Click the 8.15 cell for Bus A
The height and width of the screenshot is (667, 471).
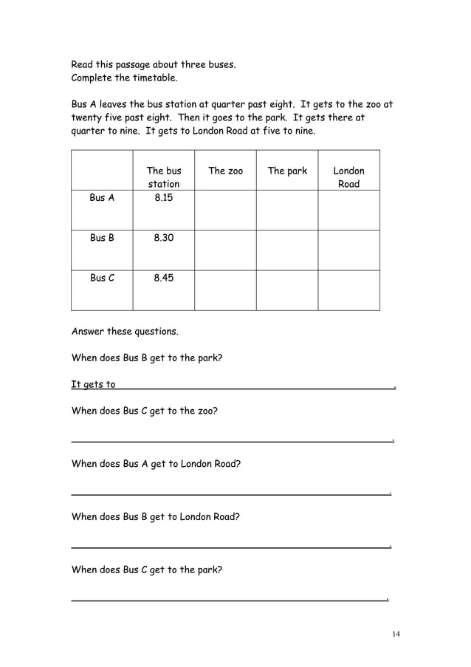163,198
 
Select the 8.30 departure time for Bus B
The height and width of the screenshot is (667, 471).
163,238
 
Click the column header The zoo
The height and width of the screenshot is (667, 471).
225,171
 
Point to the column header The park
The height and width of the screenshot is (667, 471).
287,171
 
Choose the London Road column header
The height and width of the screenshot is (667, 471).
348,177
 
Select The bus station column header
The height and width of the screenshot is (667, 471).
163,177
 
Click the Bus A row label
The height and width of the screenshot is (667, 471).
102,198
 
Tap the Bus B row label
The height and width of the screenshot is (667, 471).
102,238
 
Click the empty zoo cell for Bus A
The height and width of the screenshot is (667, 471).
225,210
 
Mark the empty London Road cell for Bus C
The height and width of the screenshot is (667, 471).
348,290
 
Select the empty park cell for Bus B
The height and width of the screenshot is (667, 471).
287,250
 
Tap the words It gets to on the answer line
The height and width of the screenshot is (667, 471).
93,384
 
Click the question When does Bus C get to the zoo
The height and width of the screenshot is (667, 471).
144,411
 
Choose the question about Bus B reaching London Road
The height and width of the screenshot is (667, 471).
155,517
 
